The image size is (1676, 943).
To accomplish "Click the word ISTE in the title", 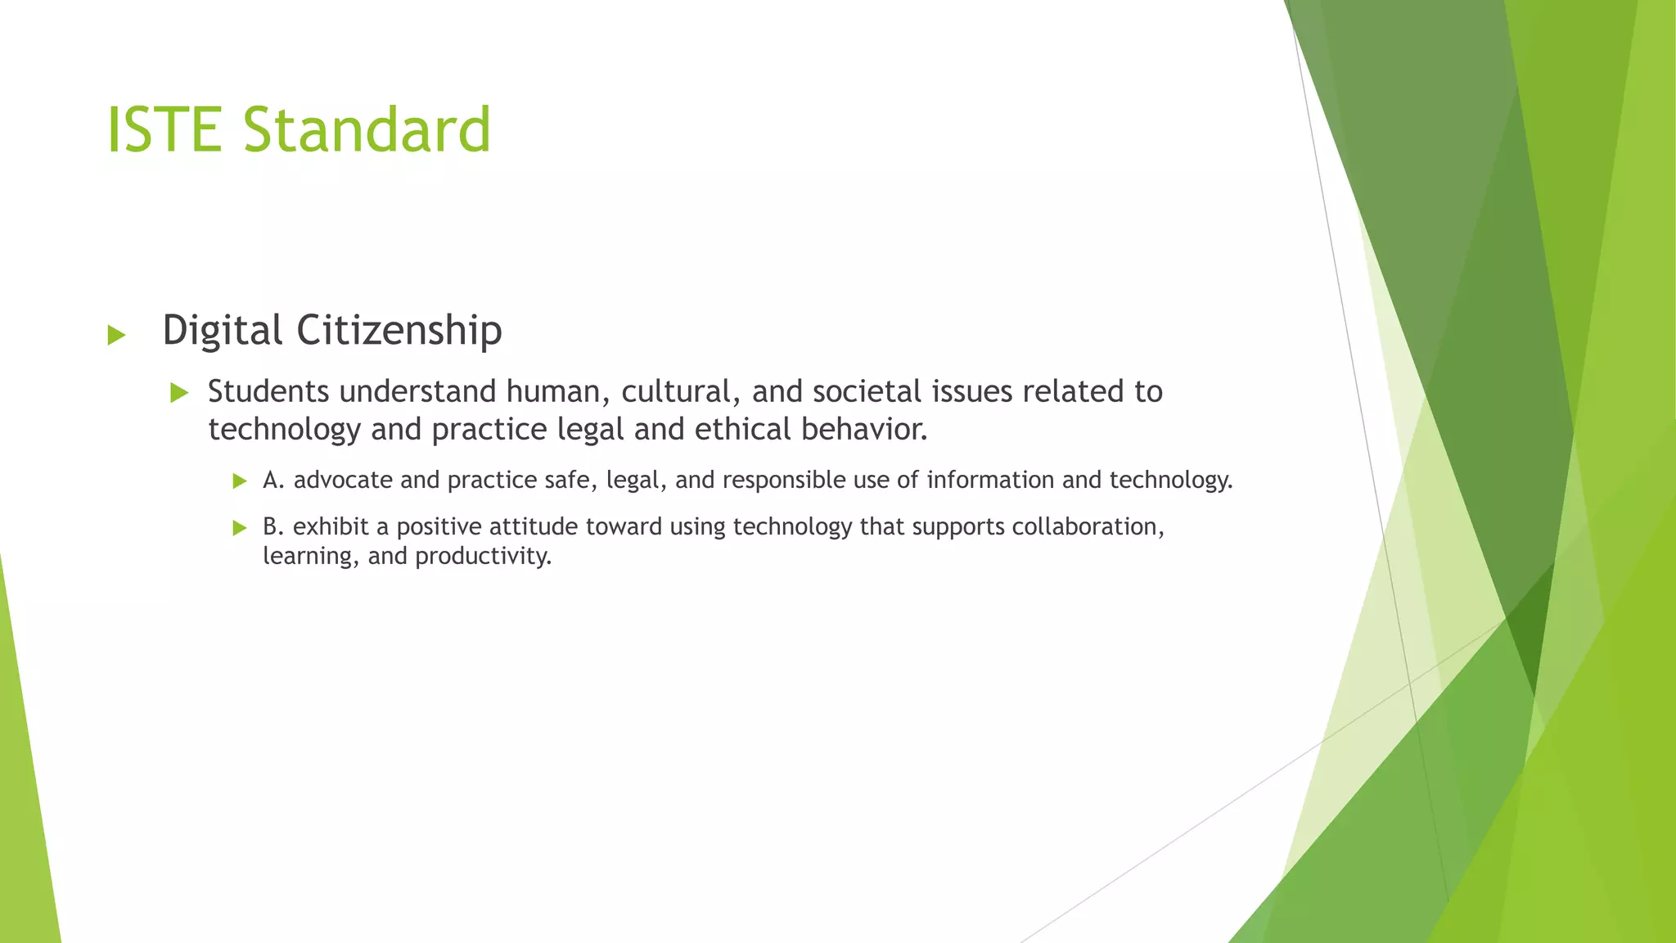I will pos(164,129).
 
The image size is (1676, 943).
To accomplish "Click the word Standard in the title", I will pos(367,129).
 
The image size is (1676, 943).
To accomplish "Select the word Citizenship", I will pos(399,331).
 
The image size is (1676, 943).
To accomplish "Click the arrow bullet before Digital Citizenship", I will pos(116,334).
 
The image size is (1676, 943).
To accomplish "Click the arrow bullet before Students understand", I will pos(179,393).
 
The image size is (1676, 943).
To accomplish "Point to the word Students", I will pos(269,391).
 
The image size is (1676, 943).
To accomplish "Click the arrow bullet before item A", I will pos(240,481).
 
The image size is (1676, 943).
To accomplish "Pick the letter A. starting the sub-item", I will pos(273,480).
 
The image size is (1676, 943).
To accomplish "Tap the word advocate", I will pos(343,480).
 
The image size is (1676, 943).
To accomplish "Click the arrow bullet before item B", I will pos(240,528).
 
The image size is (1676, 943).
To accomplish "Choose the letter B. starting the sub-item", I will pos(273,526).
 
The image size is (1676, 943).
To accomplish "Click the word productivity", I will pos(483,557).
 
